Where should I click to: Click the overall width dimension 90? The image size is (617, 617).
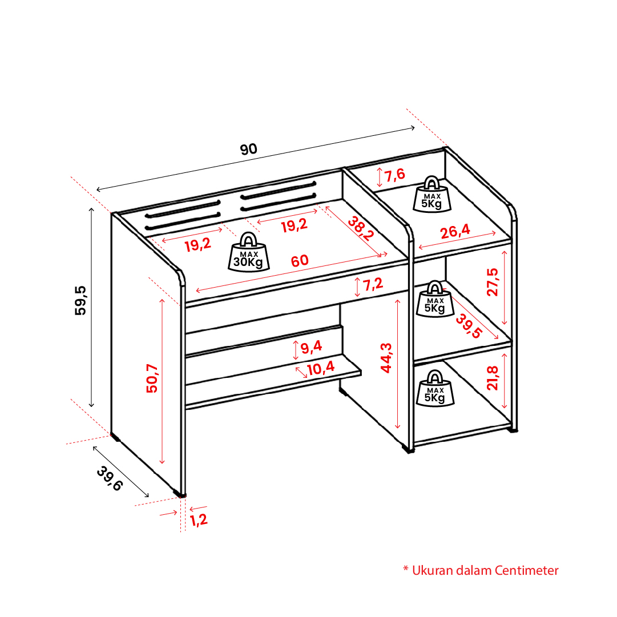point(249,149)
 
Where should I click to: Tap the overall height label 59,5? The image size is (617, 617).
point(80,301)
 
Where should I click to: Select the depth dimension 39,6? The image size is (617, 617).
point(110,478)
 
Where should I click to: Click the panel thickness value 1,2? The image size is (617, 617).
point(199,520)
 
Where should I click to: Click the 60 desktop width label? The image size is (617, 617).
point(300,260)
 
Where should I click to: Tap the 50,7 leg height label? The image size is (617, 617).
point(152,378)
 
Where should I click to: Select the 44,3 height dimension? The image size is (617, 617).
point(386,358)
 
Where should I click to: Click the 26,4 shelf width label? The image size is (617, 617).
point(455,231)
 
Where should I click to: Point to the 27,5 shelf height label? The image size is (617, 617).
point(493,282)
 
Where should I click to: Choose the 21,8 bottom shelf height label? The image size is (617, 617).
point(493,378)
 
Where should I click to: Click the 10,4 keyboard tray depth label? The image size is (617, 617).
point(321,369)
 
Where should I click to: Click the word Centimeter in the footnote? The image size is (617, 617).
point(526,570)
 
